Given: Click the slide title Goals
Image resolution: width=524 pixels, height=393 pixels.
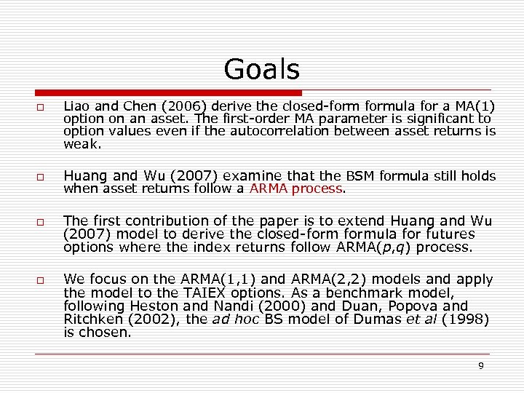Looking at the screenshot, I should click(261, 70).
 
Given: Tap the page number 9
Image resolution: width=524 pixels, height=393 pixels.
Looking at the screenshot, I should click(480, 365).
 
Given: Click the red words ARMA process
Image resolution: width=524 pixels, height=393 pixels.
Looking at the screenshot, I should click(295, 188).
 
